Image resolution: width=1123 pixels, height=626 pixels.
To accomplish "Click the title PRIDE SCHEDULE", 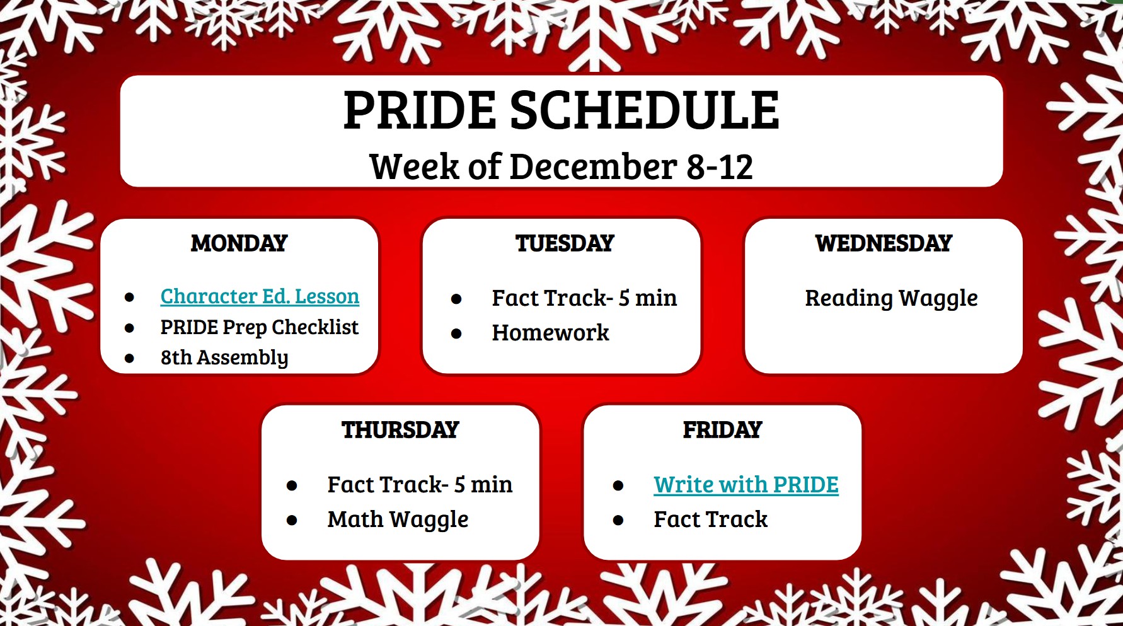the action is click(x=561, y=110).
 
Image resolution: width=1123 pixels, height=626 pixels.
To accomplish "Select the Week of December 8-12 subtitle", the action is click(x=561, y=166).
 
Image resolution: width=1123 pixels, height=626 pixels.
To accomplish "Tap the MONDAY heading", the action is click(x=239, y=243).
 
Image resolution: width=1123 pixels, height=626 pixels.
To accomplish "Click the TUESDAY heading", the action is click(x=565, y=243).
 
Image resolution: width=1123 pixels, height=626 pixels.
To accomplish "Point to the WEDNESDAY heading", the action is click(x=884, y=243).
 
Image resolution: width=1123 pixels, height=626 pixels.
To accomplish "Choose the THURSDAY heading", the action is click(x=400, y=430).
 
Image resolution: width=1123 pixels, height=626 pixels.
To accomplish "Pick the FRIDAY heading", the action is click(x=723, y=430).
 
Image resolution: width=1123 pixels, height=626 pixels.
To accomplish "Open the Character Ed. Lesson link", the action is click(x=260, y=296).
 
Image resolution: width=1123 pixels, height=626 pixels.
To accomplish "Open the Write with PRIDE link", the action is click(x=746, y=485).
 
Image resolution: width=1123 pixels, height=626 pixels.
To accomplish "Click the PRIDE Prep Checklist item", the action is click(x=259, y=327).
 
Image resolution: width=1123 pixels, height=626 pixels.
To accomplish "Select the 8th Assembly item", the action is click(x=224, y=357).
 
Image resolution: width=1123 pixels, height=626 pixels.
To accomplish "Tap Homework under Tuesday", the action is click(x=550, y=333).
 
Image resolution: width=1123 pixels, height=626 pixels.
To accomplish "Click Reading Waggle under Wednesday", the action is click(x=892, y=298).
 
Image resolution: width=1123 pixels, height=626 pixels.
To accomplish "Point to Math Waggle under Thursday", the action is click(x=398, y=519).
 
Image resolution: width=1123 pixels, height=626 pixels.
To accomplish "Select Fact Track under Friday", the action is click(x=711, y=519).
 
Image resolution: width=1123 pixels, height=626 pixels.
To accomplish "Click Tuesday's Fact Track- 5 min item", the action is click(x=584, y=298).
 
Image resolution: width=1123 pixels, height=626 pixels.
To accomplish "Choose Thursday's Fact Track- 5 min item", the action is click(x=420, y=485).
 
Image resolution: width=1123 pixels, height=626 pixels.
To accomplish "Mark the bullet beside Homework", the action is click(x=456, y=333).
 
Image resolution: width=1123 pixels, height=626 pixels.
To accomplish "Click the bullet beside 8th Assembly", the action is click(x=129, y=359).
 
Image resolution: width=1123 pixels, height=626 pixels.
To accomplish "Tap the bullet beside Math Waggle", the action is click(x=292, y=520).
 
